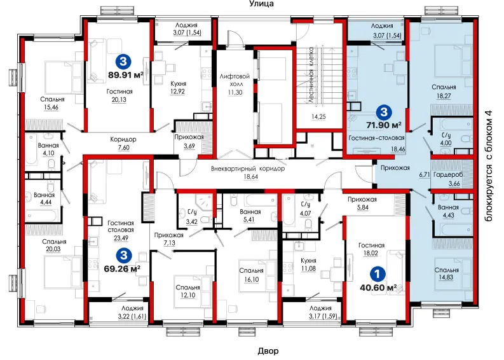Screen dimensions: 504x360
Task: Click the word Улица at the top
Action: click(x=261, y=4)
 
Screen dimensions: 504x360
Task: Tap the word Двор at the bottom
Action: click(x=268, y=351)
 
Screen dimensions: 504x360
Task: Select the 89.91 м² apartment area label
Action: click(x=126, y=75)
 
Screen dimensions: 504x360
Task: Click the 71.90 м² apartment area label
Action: click(x=384, y=125)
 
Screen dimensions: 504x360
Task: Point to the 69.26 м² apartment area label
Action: click(x=122, y=268)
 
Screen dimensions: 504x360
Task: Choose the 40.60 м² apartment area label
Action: click(x=378, y=287)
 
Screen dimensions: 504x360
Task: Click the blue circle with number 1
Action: click(x=378, y=273)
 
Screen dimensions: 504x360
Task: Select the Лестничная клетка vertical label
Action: click(x=311, y=75)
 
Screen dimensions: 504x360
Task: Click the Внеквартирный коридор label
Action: click(x=248, y=169)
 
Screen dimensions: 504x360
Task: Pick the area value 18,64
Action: click(x=250, y=177)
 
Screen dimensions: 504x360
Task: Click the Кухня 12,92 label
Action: click(x=178, y=88)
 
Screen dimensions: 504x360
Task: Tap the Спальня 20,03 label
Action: click(x=53, y=245)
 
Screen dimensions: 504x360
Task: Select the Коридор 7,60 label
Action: click(x=123, y=144)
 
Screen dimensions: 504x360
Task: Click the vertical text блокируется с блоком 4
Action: click(x=489, y=165)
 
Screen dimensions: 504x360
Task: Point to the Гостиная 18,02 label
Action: click(x=371, y=249)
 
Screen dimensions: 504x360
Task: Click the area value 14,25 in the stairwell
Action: click(x=318, y=117)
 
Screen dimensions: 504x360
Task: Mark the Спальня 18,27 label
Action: click(x=444, y=92)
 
